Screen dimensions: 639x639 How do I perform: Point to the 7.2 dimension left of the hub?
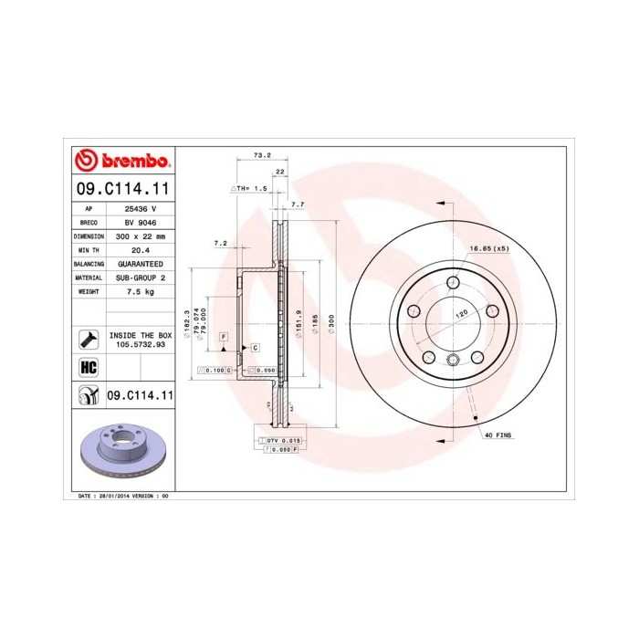[220, 243]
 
